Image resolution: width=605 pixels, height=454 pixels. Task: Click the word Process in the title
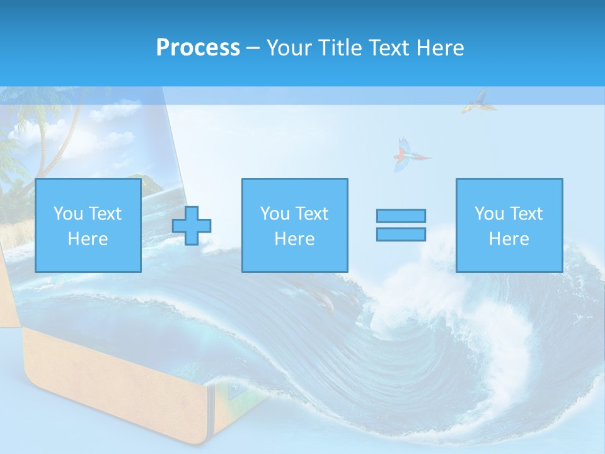[x=198, y=48]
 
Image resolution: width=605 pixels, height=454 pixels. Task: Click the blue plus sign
[x=192, y=226]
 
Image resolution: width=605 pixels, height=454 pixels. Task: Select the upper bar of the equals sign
[x=401, y=216]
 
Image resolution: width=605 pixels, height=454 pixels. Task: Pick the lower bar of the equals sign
[x=401, y=235]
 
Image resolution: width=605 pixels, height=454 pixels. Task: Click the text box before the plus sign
[x=88, y=225]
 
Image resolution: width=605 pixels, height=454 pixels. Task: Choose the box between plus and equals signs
[x=294, y=225]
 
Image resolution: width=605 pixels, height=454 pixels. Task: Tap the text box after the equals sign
[x=509, y=225]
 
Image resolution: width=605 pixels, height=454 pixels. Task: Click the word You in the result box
[x=489, y=214]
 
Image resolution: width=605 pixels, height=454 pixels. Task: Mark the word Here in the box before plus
[x=88, y=239]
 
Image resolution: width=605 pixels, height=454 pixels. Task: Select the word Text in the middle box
[x=312, y=214]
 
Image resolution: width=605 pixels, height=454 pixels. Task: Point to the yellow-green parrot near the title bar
[x=476, y=101]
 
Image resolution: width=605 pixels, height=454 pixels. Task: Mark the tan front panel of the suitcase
[x=113, y=385]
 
